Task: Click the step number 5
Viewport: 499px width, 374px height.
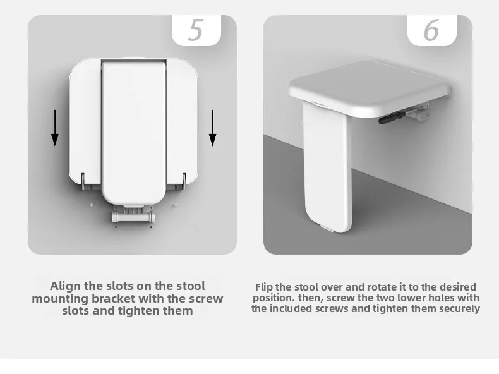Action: click(195, 30)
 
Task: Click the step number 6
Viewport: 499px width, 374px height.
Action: click(431, 30)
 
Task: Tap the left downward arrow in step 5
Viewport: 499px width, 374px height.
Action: click(55, 128)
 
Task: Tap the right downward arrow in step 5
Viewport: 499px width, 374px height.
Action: click(213, 128)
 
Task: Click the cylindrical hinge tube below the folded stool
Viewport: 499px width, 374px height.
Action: click(133, 217)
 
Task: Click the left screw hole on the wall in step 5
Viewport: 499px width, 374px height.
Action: click(92, 205)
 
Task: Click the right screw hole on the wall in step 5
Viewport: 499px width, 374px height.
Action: click(175, 205)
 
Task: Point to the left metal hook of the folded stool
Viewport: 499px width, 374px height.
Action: click(83, 181)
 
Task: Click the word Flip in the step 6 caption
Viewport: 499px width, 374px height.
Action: click(264, 287)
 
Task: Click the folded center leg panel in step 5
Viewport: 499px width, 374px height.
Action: click(134, 132)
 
